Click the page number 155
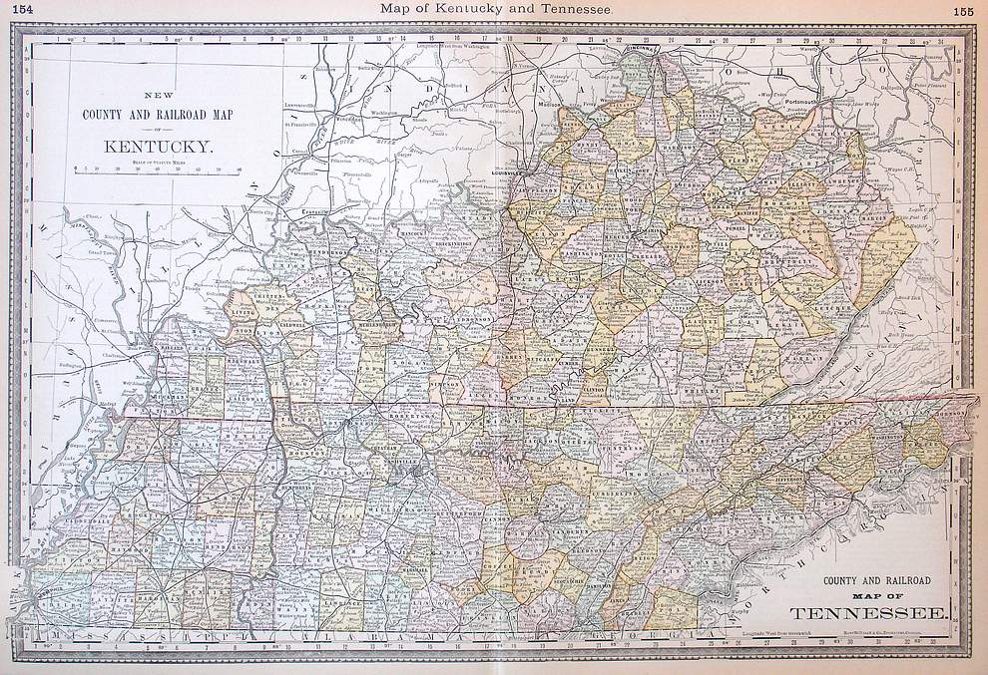click(x=963, y=11)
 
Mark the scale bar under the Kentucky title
click(x=160, y=170)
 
